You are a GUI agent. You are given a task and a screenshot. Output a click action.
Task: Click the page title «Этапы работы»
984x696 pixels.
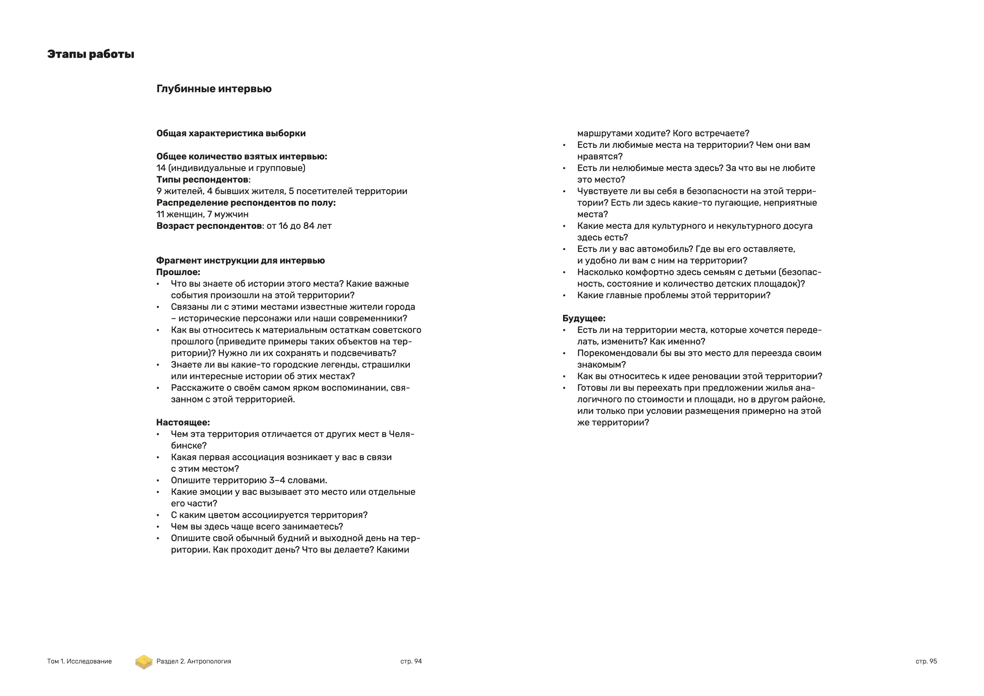pos(90,55)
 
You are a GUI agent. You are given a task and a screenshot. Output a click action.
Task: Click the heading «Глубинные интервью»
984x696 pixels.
pos(214,89)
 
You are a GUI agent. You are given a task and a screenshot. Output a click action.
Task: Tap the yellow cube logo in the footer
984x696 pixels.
pos(144,662)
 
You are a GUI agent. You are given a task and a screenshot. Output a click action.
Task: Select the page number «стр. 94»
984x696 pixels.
pos(411,661)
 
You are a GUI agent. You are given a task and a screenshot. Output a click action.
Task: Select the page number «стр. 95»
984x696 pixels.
pos(926,661)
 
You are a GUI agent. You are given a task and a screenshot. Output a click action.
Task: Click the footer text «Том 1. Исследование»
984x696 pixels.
pos(79,661)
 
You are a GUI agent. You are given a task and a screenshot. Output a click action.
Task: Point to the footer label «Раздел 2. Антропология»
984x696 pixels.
pos(193,661)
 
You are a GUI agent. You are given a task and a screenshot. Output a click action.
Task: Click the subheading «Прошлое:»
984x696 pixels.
pos(178,272)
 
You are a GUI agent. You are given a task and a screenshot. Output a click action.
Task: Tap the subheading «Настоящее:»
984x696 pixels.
pos(183,423)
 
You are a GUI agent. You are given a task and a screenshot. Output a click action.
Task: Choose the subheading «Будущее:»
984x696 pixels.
pos(584,318)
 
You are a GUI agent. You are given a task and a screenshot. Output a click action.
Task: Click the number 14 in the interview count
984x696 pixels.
pos(161,168)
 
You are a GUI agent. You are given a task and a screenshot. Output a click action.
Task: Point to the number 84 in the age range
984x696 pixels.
pos(309,226)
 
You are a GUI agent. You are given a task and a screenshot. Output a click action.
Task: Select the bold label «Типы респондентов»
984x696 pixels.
pos(202,180)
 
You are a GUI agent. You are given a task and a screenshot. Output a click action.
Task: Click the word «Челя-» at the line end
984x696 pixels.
pos(401,434)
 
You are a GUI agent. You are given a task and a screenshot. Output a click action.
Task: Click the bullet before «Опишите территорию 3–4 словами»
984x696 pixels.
pos(158,481)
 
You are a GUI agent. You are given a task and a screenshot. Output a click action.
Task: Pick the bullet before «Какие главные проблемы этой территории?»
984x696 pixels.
pos(564,296)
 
